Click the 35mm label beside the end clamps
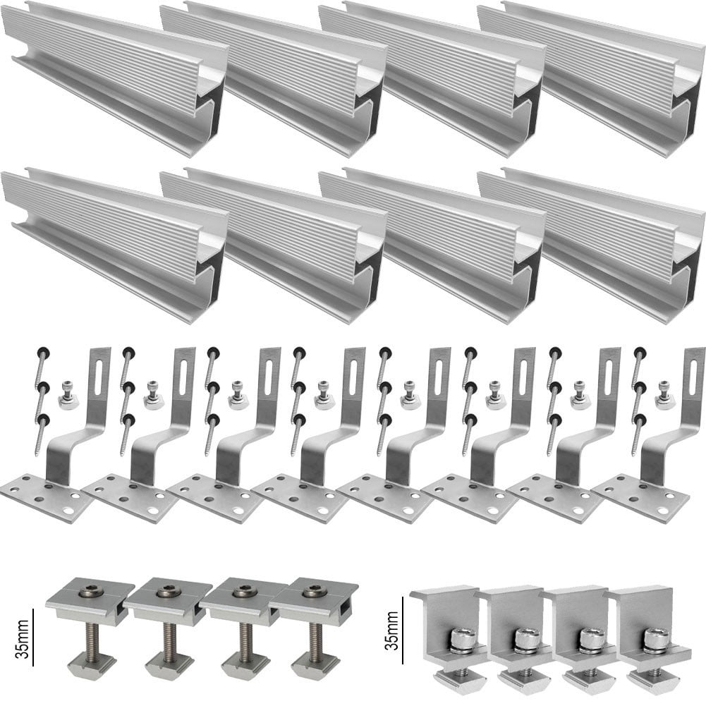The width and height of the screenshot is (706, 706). click(392, 629)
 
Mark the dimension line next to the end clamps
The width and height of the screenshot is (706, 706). click(403, 629)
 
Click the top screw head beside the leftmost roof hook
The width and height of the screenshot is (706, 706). click(42, 352)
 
